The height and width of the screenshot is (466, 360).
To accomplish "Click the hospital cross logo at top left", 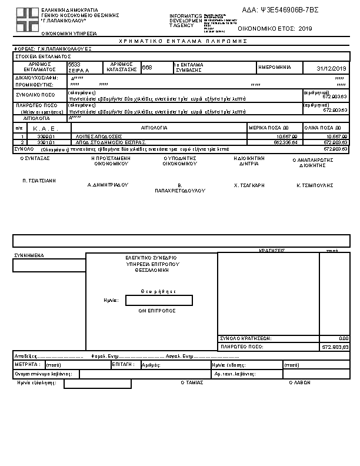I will (x=26, y=21).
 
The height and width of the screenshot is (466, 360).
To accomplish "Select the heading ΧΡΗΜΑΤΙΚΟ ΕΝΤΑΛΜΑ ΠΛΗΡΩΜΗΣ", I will (x=183, y=41).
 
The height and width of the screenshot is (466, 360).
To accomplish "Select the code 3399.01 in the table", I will (x=45, y=136).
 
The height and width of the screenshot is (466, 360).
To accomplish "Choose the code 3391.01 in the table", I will (x=45, y=142).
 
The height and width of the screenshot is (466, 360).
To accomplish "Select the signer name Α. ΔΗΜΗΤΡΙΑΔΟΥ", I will (x=108, y=185).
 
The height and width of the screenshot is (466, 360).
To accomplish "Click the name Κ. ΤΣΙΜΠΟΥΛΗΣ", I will (x=315, y=185).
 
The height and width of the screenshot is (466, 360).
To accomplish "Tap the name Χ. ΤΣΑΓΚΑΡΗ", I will (x=249, y=185).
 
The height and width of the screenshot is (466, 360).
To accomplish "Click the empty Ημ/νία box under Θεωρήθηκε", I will (x=159, y=301).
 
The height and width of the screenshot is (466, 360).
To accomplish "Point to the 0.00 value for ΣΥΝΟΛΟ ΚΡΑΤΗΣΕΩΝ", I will (x=344, y=338).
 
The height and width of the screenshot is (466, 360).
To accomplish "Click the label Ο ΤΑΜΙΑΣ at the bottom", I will (x=192, y=382).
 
